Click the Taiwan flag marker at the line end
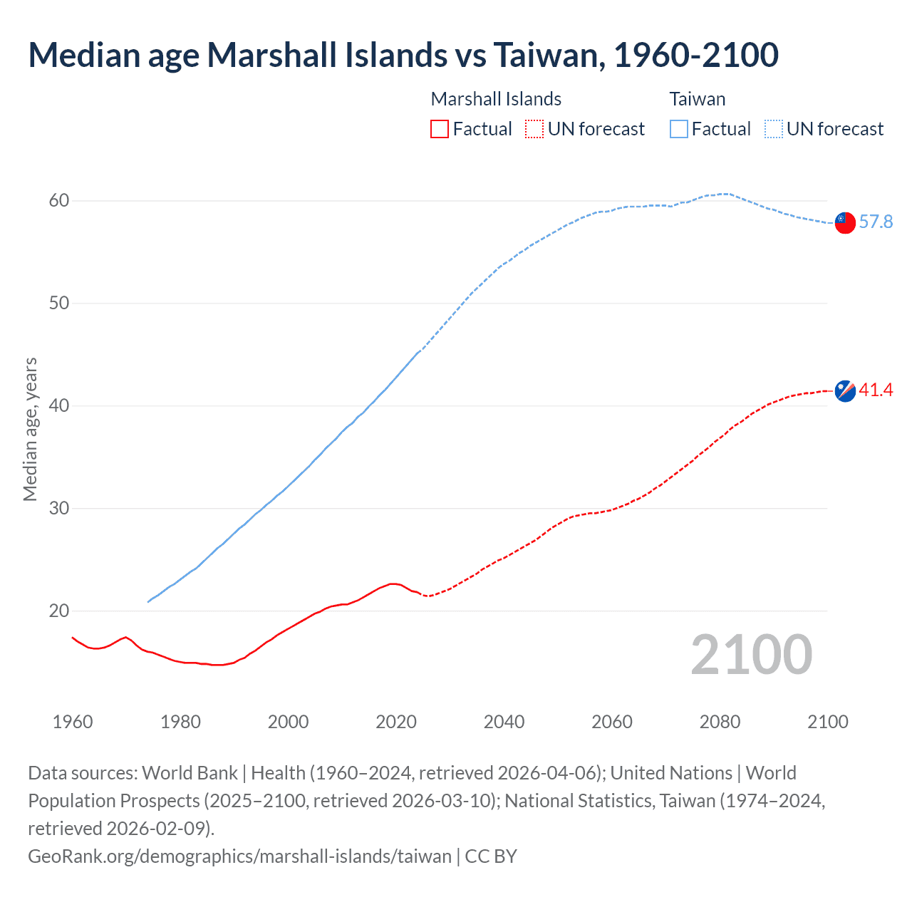pos(845,222)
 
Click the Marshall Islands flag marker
pos(845,390)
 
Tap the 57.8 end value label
pos(876,222)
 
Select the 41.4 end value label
pos(876,390)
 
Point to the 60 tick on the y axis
pos(59,201)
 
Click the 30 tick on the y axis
pos(59,509)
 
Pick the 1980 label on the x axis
pos(180,722)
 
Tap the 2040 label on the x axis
pos(504,722)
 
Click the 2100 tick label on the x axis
pos(828,722)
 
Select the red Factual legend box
pos(440,129)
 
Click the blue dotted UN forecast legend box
pos(774,129)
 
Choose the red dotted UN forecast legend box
pos(534,129)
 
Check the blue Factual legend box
pos(679,129)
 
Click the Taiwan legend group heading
pos(698,99)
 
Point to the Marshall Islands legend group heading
pos(496,99)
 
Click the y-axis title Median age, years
pos(30,430)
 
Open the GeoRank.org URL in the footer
pos(239,856)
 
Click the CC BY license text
pos(491,856)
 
